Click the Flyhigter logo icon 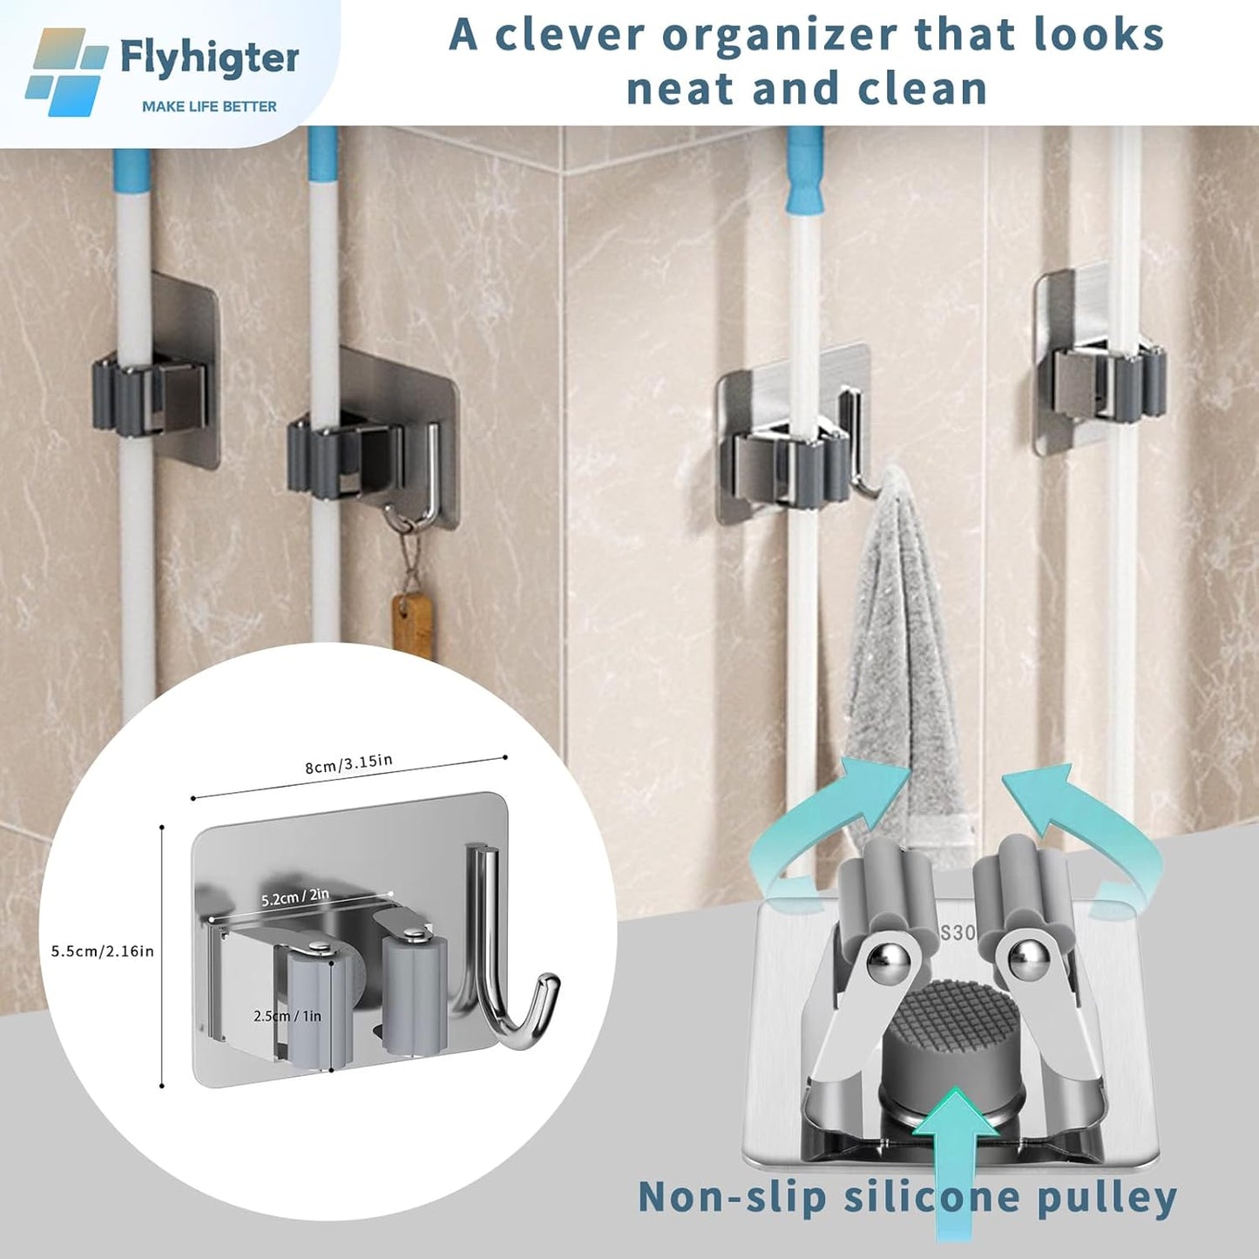pyautogui.click(x=65, y=72)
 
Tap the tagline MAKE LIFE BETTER pyautogui.click(x=209, y=106)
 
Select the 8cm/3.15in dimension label pyautogui.click(x=349, y=764)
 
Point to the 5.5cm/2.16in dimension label pyautogui.click(x=102, y=951)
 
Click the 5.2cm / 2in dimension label pyautogui.click(x=295, y=896)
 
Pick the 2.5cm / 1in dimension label pyautogui.click(x=288, y=1016)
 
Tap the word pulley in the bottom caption pyautogui.click(x=1107, y=1198)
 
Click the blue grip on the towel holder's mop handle pyautogui.click(x=803, y=170)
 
